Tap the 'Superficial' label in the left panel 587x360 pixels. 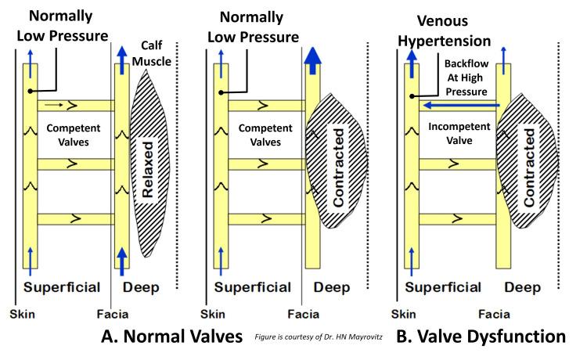pyautogui.click(x=63, y=287)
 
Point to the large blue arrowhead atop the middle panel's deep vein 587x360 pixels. pyautogui.click(x=314, y=54)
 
